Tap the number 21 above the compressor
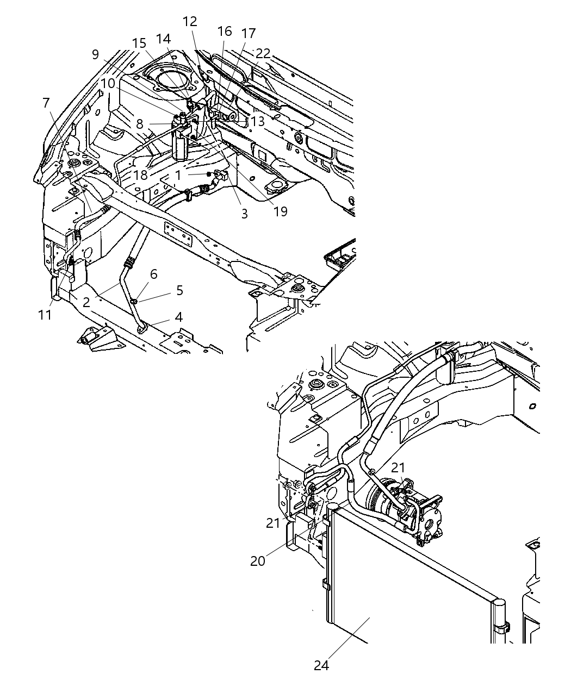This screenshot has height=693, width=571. point(399,467)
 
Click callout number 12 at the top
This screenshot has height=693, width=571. point(190,22)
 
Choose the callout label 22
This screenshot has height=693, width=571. point(263,53)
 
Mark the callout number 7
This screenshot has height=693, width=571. point(46,103)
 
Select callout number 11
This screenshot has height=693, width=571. point(45,315)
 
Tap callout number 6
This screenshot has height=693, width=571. point(153,274)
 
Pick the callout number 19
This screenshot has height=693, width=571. point(280,211)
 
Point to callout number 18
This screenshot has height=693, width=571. point(140,175)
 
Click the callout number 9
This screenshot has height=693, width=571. point(95,54)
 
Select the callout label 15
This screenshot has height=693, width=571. point(139,43)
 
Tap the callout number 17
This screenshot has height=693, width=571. point(248,34)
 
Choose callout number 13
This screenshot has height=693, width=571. point(257,121)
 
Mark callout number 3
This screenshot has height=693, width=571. point(244,214)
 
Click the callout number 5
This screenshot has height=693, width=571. point(179,291)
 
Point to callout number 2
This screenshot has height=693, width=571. point(86,302)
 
